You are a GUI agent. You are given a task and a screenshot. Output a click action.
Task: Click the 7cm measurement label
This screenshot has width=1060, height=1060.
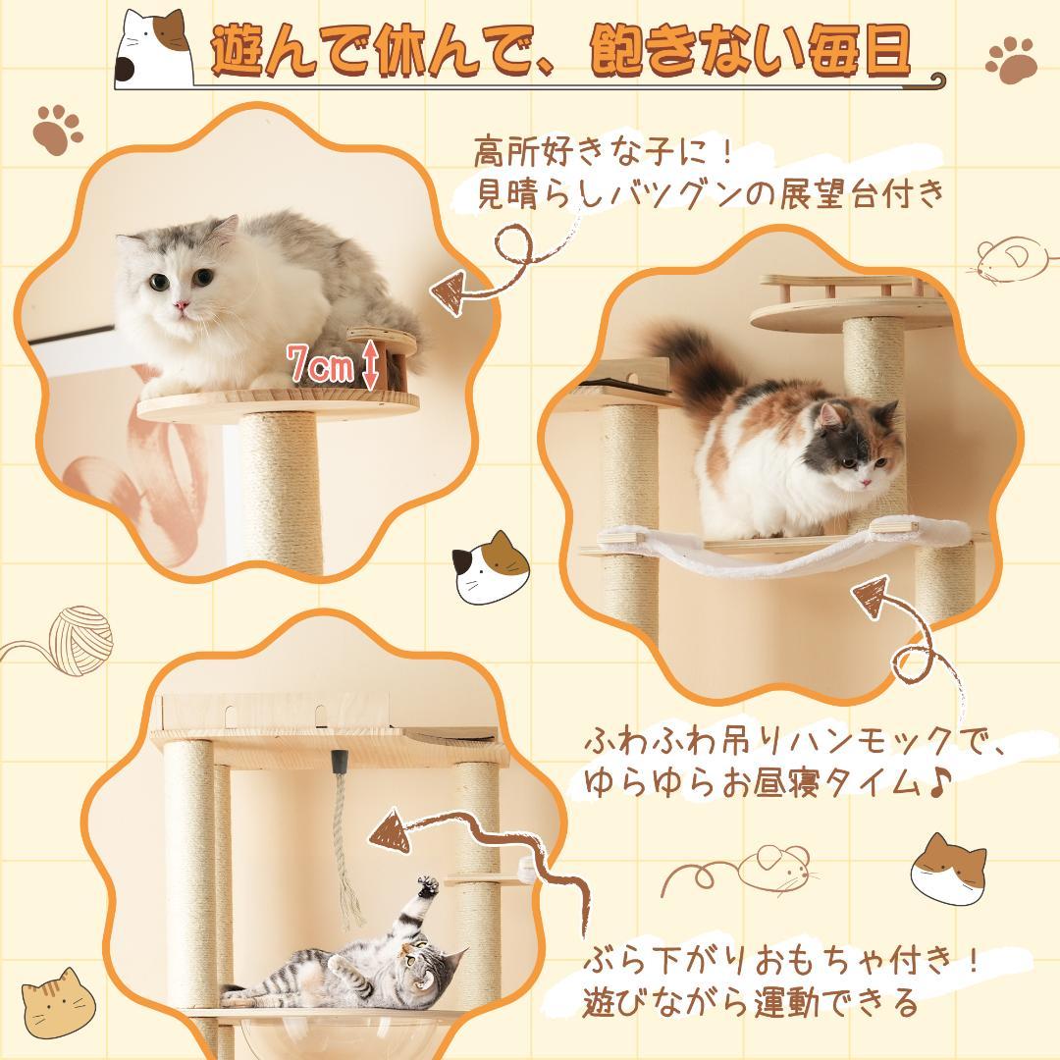click(320, 364)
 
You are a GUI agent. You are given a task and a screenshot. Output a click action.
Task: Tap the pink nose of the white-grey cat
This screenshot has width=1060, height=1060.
click(182, 305)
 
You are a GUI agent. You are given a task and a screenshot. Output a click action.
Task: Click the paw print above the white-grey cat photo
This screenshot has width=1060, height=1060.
click(58, 130)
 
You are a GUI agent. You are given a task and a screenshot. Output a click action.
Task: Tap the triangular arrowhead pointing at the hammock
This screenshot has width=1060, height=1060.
click(873, 596)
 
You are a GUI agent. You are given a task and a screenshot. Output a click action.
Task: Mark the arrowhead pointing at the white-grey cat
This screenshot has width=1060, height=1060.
click(450, 291)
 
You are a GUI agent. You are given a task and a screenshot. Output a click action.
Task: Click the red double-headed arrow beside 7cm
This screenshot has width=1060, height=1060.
click(370, 365)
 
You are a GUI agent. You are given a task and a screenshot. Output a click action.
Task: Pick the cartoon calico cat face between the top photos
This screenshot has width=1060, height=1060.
click(490, 566)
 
